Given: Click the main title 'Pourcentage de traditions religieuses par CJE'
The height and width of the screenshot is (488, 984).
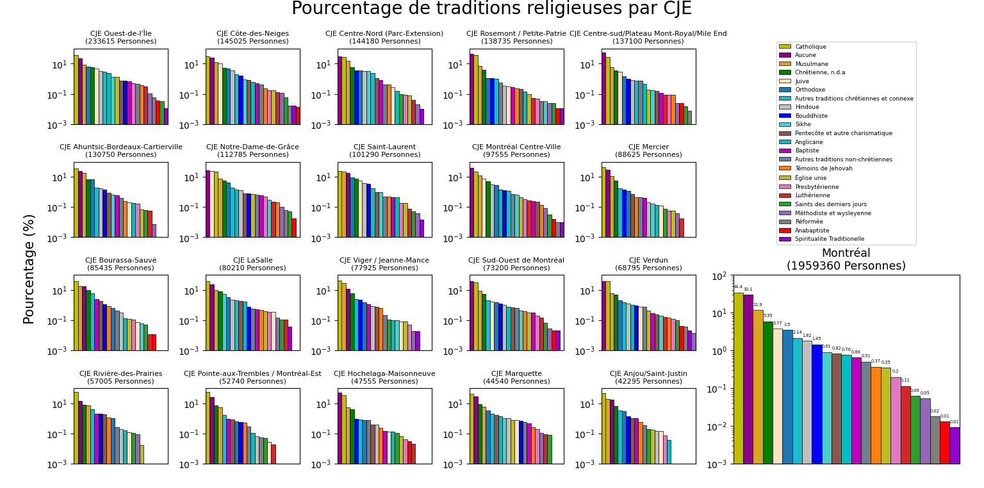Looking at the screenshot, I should tap(491, 9).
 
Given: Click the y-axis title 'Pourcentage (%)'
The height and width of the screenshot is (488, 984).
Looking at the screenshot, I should tap(29, 269).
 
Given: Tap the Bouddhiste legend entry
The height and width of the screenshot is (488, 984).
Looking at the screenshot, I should tap(810, 116).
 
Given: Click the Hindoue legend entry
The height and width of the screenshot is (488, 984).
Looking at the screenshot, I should tap(807, 107).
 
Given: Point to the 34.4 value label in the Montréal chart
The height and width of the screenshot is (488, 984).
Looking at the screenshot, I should tap(738, 287).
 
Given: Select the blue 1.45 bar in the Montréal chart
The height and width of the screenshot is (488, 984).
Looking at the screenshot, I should tap(817, 403).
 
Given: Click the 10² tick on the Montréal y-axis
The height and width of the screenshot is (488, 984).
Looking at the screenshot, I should tap(720, 275).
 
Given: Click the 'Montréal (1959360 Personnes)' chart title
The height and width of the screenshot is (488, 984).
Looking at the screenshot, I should tap(846, 259).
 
